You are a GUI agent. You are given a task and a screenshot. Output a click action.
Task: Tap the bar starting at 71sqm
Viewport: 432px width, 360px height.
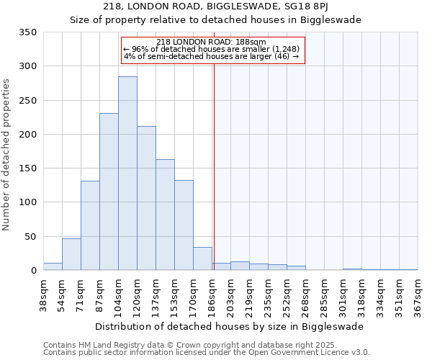(x=90, y=225)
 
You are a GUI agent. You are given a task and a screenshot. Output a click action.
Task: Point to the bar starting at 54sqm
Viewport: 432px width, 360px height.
(x=71, y=254)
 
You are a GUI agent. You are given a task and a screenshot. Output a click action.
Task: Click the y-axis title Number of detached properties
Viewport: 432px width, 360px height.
(x=7, y=155)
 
